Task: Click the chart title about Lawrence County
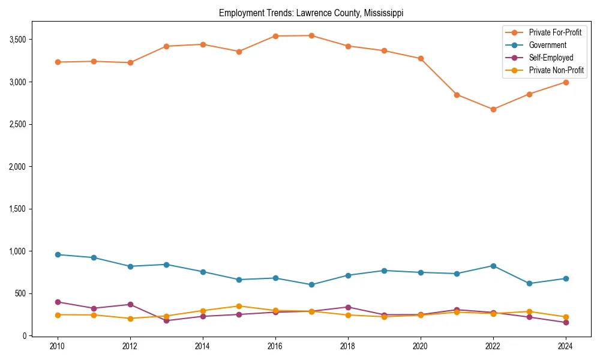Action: click(x=315, y=13)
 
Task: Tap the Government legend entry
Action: click(x=547, y=45)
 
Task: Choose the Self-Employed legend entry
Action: click(x=551, y=58)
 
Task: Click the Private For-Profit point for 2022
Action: click(x=493, y=109)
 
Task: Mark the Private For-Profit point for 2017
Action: click(x=311, y=35)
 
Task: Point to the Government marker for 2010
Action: click(x=58, y=254)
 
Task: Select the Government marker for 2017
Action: click(x=311, y=284)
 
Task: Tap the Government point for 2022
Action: click(x=493, y=266)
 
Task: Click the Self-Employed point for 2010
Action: click(x=58, y=302)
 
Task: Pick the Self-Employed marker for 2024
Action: click(x=566, y=322)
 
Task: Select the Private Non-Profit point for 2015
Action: click(x=239, y=306)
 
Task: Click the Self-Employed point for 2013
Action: click(x=166, y=320)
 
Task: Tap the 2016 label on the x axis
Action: click(x=275, y=346)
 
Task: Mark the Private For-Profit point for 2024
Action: click(x=566, y=82)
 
